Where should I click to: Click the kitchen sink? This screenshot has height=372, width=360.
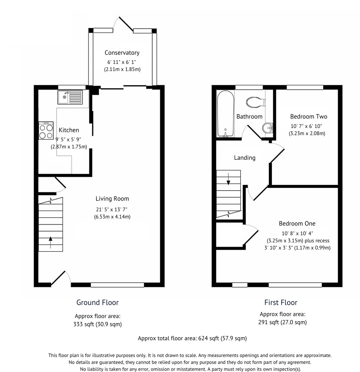pos(70,97)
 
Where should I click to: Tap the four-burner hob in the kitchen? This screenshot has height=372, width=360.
pos(46,131)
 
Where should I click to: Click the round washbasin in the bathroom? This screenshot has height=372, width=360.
pos(268,128)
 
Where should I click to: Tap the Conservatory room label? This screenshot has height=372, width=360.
pos(122,53)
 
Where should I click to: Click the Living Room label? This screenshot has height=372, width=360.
pos(112,199)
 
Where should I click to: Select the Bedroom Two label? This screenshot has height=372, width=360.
pos(308,116)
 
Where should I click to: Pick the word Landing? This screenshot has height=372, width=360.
pos(244,158)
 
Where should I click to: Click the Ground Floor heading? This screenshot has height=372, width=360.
pos(97,302)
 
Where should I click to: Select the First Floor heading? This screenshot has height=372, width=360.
pos(281,302)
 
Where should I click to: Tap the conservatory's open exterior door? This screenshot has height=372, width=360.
pos(126,24)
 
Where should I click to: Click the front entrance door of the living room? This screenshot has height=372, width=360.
pos(58,278)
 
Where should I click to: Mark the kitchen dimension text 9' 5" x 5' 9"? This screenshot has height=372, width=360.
pos(68,140)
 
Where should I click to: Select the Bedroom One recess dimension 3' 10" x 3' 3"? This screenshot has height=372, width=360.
pos(279,248)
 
